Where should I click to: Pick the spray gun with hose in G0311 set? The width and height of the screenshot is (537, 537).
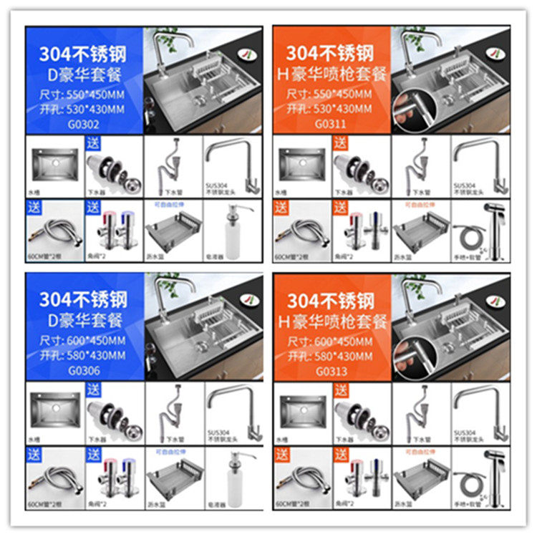point(480,229)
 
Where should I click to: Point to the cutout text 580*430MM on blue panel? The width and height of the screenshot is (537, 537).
point(92,355)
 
